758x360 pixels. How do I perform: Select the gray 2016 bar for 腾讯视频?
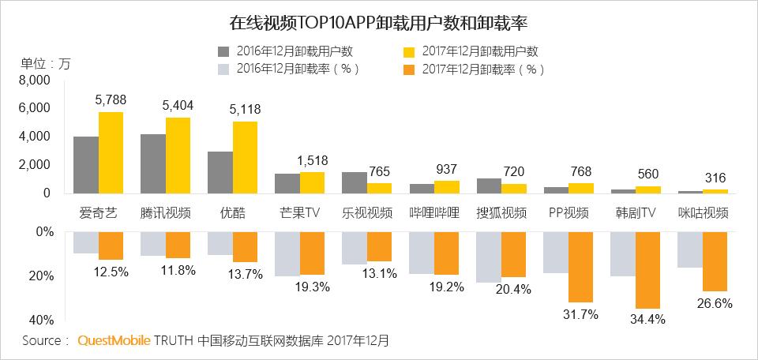point(152,163)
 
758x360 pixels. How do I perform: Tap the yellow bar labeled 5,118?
point(245,157)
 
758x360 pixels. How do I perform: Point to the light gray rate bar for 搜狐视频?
point(489,257)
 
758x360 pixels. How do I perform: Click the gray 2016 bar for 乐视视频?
point(354,182)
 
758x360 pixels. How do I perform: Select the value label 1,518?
point(313,160)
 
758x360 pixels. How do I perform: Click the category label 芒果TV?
point(300,213)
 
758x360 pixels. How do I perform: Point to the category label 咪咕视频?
point(703,213)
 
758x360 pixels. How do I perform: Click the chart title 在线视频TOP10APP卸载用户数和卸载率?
point(379,18)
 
